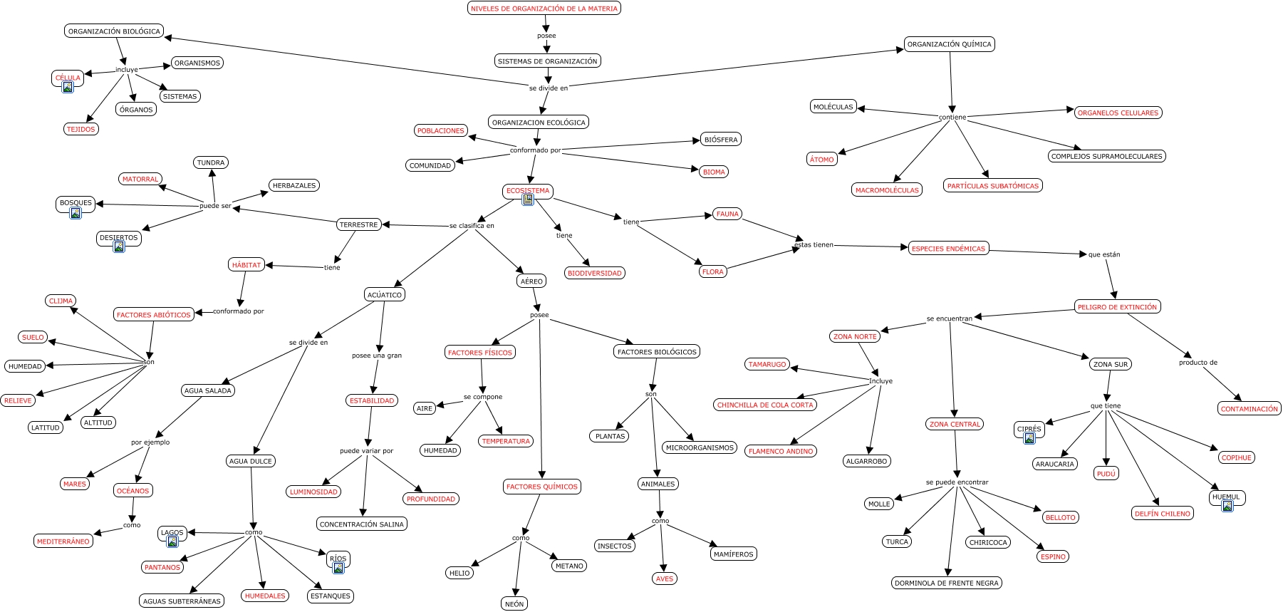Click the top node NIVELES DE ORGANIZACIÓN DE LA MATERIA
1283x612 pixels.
[544, 9]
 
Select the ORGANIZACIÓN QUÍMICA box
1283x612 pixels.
[949, 44]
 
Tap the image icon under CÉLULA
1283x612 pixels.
[68, 88]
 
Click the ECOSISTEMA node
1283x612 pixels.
[528, 190]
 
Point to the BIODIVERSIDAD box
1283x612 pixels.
[595, 273]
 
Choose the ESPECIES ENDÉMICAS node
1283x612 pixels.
[948, 249]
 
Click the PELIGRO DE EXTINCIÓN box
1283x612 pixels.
[1117, 307]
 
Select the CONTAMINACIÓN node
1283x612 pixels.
[1249, 409]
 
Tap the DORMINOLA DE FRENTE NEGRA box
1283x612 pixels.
[947, 583]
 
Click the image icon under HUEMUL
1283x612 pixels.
[1227, 506]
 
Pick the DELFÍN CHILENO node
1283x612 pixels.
[1162, 514]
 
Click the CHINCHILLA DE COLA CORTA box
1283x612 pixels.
[765, 405]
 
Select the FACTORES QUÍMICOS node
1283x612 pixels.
[541, 487]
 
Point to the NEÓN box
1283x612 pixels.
[514, 604]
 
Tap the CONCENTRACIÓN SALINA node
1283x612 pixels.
[362, 524]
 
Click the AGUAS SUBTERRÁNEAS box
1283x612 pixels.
[182, 601]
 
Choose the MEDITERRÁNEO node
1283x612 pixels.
[63, 541]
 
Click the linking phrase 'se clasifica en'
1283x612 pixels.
[472, 226]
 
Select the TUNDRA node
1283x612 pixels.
[211, 162]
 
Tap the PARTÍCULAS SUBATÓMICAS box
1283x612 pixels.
[993, 186]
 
